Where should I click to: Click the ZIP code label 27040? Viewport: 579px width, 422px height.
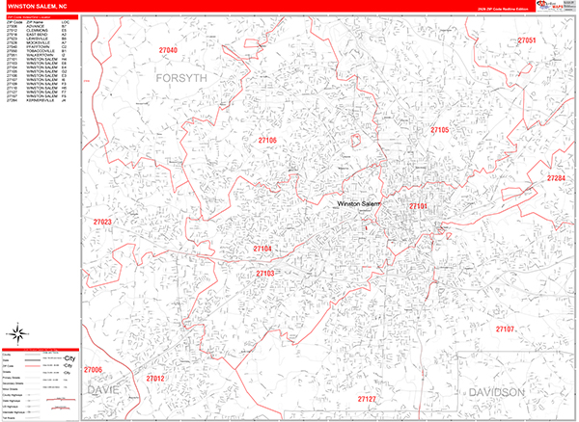point(168,49)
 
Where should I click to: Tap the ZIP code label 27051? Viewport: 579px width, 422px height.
point(526,40)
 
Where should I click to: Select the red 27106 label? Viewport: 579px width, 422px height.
point(267,141)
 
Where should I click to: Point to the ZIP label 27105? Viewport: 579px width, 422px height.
point(440,130)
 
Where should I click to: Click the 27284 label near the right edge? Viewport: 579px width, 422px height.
point(556,178)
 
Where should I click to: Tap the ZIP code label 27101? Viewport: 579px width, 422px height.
point(418,206)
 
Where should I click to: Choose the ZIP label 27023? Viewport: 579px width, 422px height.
point(102,223)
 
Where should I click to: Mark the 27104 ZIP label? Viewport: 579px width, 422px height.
point(262,250)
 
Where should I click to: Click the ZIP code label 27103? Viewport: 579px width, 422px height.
point(265,274)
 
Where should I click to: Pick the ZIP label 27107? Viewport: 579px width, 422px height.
point(505,330)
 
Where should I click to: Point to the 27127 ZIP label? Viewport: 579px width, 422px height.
point(367,398)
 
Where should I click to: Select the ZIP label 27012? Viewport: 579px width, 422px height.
point(155,379)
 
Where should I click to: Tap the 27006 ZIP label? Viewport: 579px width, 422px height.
point(93,370)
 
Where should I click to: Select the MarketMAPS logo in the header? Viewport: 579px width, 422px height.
point(552,6)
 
